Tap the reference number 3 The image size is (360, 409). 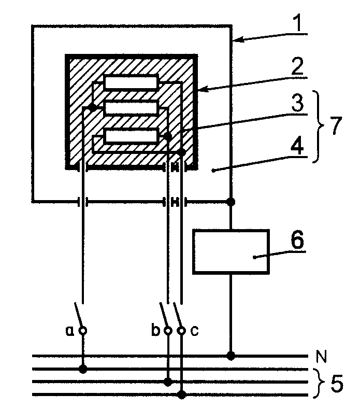tap(297, 103)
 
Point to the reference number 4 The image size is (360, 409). tap(297, 146)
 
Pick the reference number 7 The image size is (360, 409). tap(336, 125)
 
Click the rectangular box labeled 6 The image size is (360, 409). tap(231, 252)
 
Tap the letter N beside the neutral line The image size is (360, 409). tap(322, 356)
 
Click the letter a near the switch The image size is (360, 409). tap(69, 331)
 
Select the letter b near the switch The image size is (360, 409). tap(155, 330)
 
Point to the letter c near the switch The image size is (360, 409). tap(194, 331)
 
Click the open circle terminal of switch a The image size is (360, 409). tap(83, 331)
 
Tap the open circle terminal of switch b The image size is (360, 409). tap(168, 331)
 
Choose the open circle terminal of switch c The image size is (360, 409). tap(181, 331)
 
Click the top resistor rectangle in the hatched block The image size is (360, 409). tap(131, 82)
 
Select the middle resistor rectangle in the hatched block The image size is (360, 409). tap(131, 108)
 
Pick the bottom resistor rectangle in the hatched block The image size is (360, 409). tap(131, 136)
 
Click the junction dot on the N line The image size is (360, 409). tap(231, 356)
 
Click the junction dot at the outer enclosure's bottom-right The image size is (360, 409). tap(231, 202)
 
